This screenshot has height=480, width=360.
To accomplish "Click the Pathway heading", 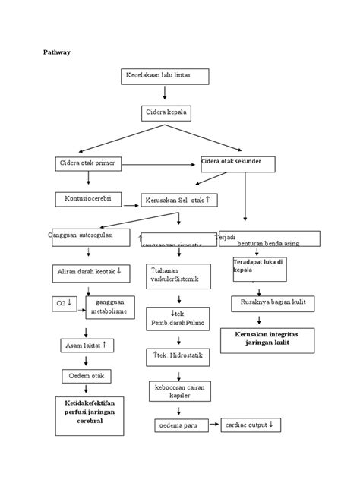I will (55, 53).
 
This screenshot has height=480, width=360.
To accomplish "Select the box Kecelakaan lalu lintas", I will (164, 76).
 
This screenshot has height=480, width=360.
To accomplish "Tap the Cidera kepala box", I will (165, 113).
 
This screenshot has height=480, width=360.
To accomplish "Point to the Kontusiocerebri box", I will (88, 199).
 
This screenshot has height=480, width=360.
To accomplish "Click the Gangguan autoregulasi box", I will (90, 237).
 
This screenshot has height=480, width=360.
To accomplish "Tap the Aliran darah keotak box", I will (90, 270).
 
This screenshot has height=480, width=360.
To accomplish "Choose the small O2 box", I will (64, 303).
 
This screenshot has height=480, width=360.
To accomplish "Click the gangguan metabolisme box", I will (106, 306).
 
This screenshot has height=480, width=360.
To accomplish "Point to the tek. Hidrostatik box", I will (176, 356).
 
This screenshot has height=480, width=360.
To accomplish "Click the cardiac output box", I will (251, 425).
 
